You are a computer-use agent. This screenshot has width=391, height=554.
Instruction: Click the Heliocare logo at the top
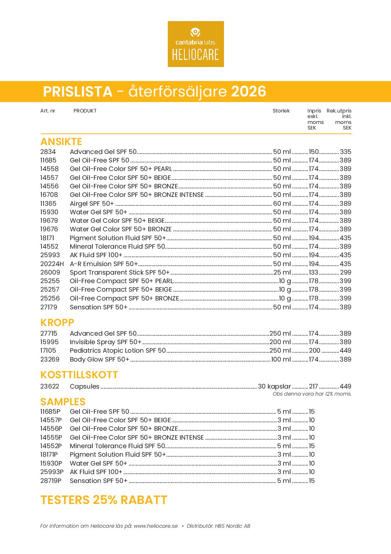coord(195,44)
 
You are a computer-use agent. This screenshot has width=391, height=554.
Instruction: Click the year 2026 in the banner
coord(248,91)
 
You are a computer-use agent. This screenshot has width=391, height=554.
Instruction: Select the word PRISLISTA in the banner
coord(78,92)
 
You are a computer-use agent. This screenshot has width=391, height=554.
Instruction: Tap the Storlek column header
coord(281,111)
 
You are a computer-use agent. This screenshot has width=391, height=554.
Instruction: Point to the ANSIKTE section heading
coord(61,142)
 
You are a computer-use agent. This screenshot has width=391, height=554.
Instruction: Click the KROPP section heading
coord(57,323)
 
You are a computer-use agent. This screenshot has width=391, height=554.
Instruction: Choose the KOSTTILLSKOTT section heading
coord(79,375)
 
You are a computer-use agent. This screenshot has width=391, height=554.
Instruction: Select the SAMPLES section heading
coord(63,402)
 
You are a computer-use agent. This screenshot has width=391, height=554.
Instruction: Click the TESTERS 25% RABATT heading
coord(104,500)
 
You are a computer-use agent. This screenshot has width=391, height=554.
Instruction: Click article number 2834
coord(48,152)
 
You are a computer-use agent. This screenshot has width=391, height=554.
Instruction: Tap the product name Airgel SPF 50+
coord(92,204)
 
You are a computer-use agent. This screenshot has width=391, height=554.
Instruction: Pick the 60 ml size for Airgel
coord(282,204)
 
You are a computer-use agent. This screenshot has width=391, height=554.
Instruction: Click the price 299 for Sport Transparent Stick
coord(346,272)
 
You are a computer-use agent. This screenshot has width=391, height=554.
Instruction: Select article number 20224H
coord(52,264)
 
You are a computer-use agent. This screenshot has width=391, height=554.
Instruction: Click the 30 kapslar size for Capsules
coord(274,386)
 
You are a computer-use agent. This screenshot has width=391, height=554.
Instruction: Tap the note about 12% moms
coord(312,394)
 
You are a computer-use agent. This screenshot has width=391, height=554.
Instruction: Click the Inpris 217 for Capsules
coord(313,386)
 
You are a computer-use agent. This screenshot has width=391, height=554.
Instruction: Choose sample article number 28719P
coord(51,481)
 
